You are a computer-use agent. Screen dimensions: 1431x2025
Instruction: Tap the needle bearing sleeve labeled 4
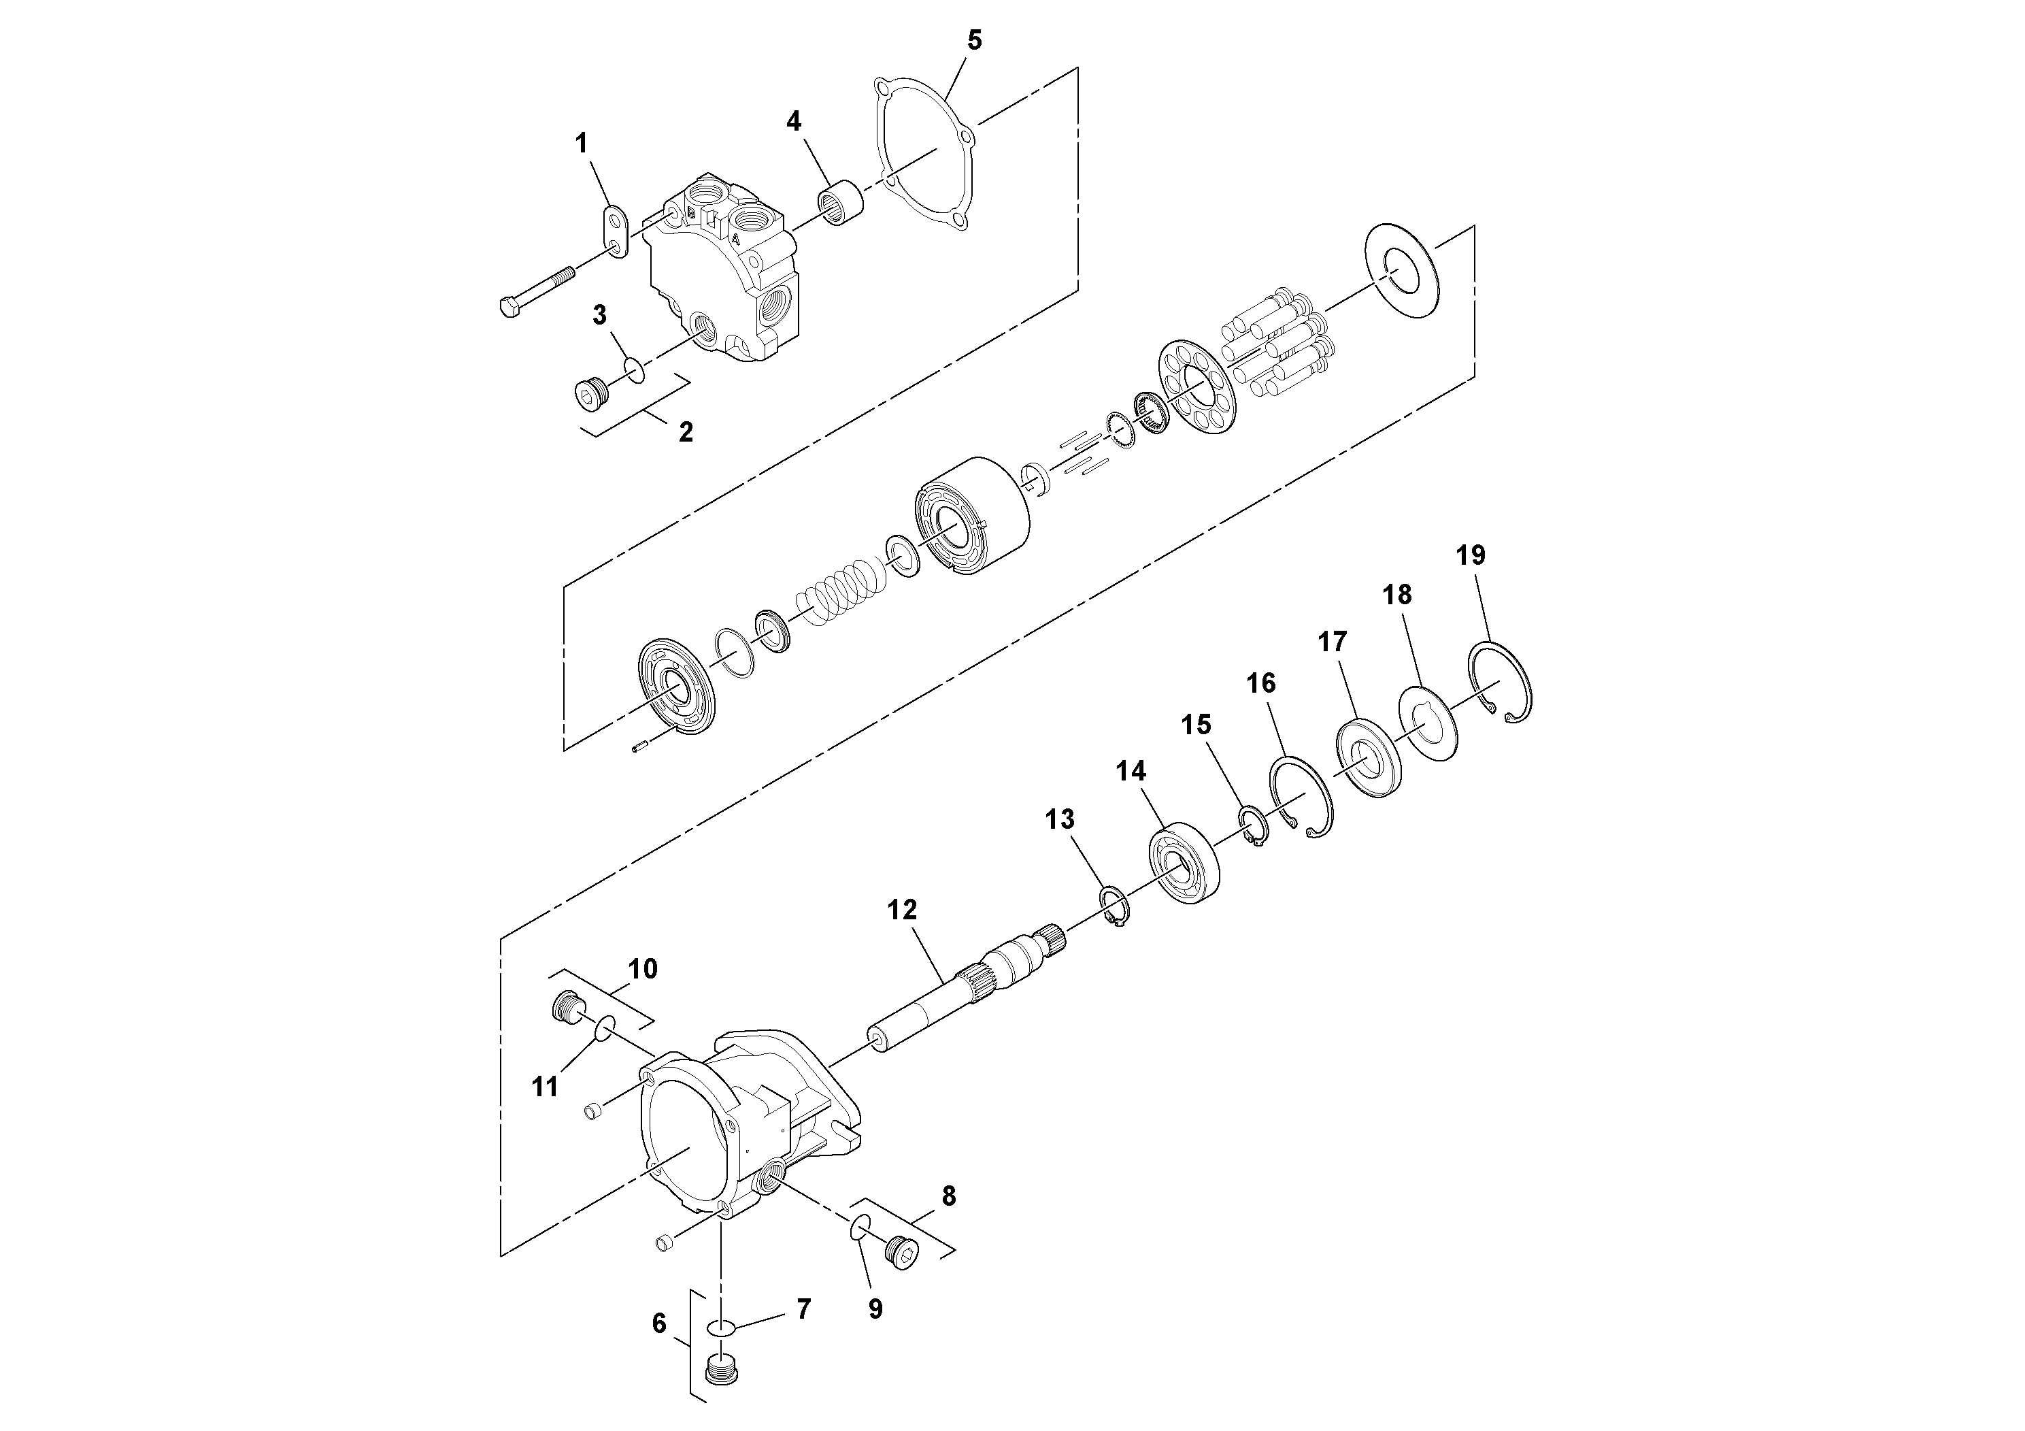tap(841, 202)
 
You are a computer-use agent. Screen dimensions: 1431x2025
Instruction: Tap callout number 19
tap(1470, 555)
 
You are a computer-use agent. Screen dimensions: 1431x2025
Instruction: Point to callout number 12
tap(902, 910)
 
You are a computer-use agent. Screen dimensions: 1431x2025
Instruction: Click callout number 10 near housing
tap(643, 969)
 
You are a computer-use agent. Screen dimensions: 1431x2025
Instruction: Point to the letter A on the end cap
tap(735, 238)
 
